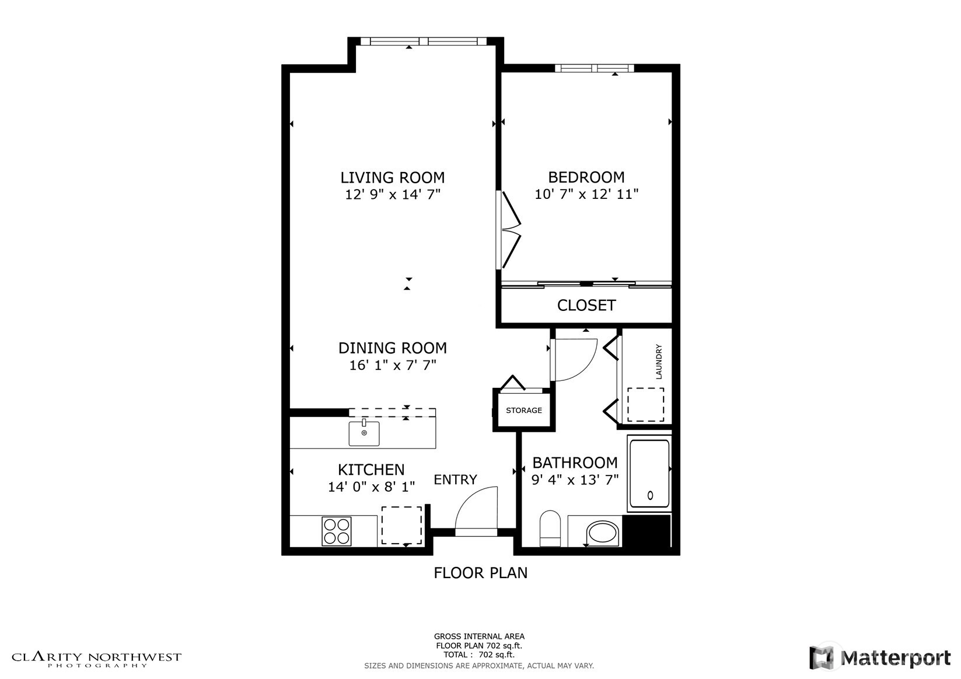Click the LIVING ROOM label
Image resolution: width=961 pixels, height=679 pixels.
pos(392,177)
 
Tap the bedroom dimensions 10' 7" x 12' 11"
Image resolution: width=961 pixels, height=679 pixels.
pos(586,194)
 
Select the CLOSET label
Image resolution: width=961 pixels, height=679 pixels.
pos(586,305)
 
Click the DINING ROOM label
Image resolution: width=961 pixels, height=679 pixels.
pos(392,348)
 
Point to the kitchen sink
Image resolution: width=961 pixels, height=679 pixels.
pos(364,433)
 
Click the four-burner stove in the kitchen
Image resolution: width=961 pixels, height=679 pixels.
pos(337,531)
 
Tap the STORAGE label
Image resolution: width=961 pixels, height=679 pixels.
pos(523,411)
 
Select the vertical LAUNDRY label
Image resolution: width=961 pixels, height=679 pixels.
pos(659,362)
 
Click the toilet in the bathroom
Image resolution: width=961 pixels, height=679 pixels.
pos(550,528)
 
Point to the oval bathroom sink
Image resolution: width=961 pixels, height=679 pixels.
pos(603,533)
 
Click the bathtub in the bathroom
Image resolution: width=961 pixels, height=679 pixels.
pos(649,473)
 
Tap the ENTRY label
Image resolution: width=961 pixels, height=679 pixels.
pos(455,480)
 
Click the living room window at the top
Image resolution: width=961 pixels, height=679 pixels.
pos(423,41)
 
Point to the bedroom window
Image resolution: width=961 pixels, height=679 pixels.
pos(594,68)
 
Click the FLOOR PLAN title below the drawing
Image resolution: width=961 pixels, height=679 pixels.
pos(480,573)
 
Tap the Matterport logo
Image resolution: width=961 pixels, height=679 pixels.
pos(880,657)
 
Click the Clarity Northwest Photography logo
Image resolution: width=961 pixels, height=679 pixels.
pos(97,659)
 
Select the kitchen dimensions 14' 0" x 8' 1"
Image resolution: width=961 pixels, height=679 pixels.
pos(371,487)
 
